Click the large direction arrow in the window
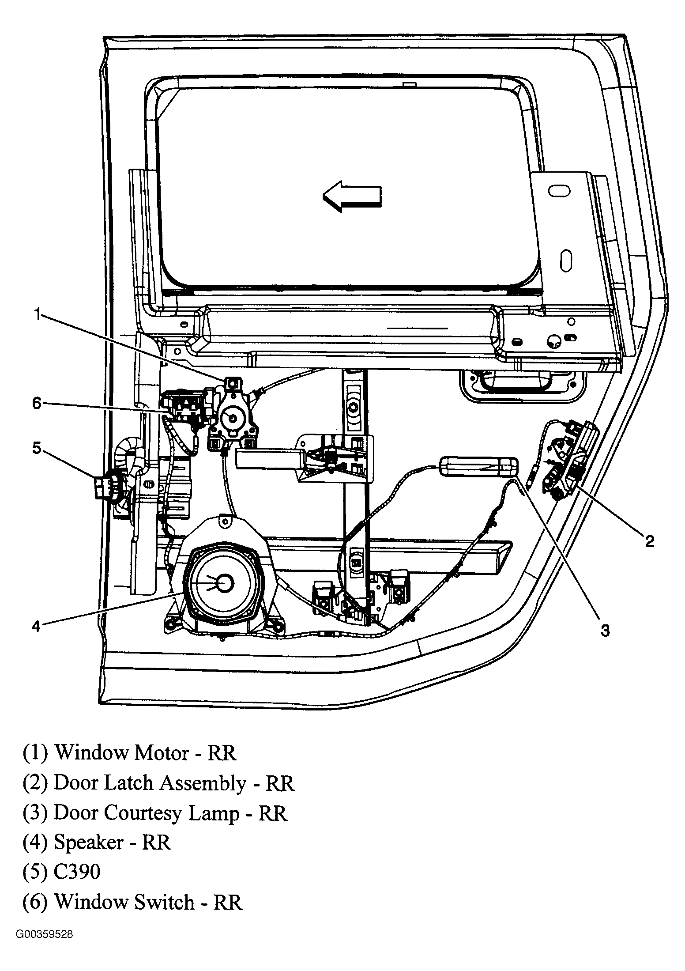pos(352,195)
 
